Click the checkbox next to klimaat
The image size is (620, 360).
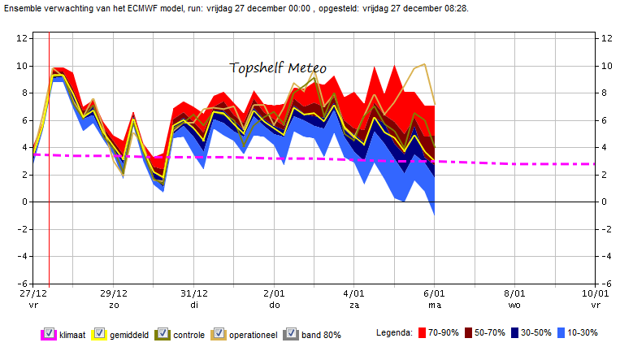[49, 333]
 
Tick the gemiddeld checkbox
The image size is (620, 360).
[100, 333]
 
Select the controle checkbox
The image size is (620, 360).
[163, 333]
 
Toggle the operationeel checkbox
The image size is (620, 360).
[219, 333]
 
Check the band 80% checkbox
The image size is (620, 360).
[292, 333]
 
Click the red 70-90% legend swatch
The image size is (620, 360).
[422, 332]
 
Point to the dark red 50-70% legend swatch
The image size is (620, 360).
[469, 332]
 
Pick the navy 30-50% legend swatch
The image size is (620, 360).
[514, 332]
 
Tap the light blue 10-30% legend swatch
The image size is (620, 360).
[561, 332]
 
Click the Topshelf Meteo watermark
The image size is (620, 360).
[278, 68]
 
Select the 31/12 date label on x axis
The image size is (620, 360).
[194, 293]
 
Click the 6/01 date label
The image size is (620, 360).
[434, 293]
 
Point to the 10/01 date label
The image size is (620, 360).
[595, 293]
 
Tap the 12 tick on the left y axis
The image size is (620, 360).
[22, 38]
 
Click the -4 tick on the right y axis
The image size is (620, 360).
[606, 256]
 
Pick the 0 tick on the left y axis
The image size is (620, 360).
[25, 202]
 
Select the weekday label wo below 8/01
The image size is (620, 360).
[514, 305]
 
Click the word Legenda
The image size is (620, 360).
[394, 332]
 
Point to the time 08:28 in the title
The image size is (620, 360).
[457, 8]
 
